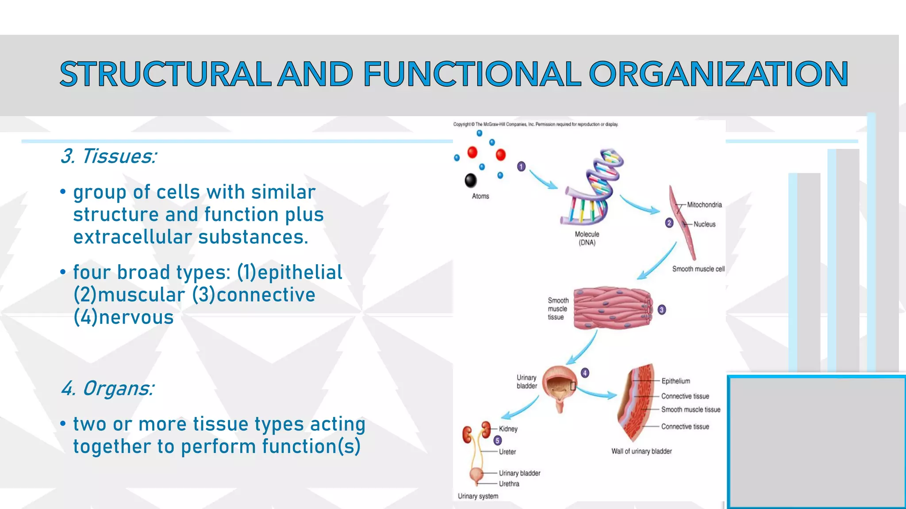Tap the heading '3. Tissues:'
(x=108, y=156)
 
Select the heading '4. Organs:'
(x=107, y=389)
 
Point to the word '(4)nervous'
(x=123, y=318)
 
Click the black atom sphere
(x=471, y=180)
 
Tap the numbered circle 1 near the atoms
(x=521, y=167)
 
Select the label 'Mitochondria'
(x=704, y=205)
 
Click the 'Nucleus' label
(x=704, y=224)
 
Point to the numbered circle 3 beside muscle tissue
(x=661, y=310)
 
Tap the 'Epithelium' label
(x=676, y=381)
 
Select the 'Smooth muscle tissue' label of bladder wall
(x=691, y=410)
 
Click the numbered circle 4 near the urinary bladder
(x=585, y=373)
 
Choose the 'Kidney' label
(x=508, y=429)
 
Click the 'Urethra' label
(x=509, y=484)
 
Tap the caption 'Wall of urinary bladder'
(x=641, y=451)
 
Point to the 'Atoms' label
(x=480, y=196)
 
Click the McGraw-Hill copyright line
(x=535, y=125)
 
